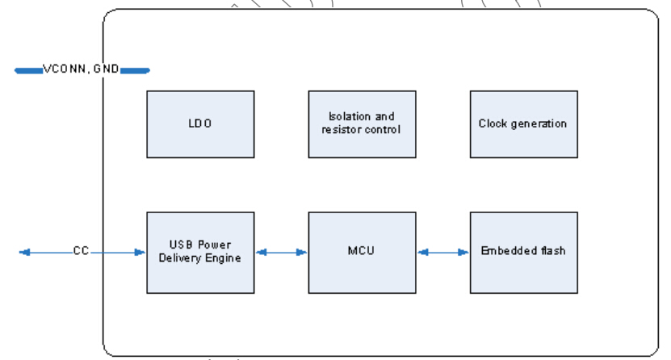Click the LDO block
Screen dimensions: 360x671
[200, 123]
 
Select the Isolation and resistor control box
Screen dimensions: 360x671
[362, 123]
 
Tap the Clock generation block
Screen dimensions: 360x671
[523, 123]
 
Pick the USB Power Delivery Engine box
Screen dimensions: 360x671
[200, 252]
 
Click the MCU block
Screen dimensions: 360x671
[362, 252]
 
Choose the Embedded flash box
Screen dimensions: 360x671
[523, 252]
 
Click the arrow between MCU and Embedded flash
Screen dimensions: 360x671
[443, 252]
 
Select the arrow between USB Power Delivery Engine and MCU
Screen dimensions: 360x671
[281, 252]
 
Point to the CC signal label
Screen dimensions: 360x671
[81, 251]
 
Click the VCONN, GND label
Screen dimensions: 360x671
[81, 70]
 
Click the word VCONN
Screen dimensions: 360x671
[65, 70]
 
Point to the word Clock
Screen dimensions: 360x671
[493, 124]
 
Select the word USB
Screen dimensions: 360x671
[180, 245]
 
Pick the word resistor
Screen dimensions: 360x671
[341, 129]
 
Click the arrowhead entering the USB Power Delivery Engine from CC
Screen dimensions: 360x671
[141, 252]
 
